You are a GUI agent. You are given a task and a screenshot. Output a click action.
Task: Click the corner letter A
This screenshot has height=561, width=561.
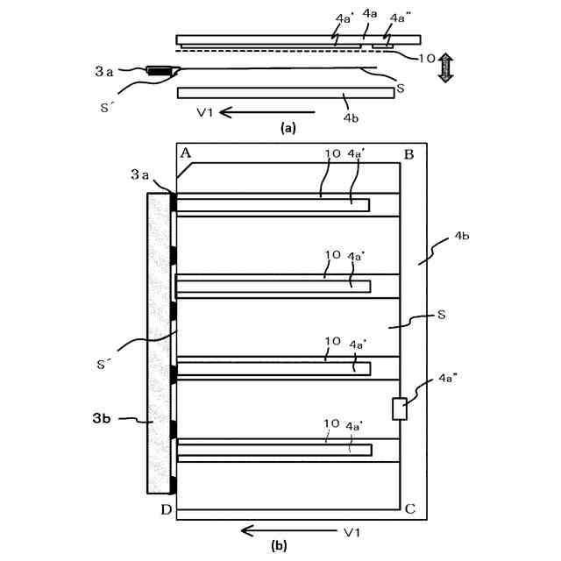[x=186, y=153]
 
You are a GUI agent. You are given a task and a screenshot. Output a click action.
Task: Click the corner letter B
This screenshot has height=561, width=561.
[x=409, y=154]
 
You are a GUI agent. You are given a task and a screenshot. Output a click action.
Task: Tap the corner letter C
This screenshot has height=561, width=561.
[x=409, y=508]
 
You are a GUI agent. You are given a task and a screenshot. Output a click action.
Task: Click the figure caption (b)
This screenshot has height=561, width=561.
[x=279, y=545]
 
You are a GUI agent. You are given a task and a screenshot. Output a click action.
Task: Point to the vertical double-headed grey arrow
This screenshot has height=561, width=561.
[x=445, y=67]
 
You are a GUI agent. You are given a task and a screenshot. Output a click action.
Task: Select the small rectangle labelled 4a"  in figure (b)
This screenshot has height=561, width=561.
[x=401, y=408]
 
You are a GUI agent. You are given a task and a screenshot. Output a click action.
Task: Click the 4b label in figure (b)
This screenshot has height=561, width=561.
[x=463, y=237]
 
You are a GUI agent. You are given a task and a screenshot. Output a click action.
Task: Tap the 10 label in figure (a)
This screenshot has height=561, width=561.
[x=426, y=58]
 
